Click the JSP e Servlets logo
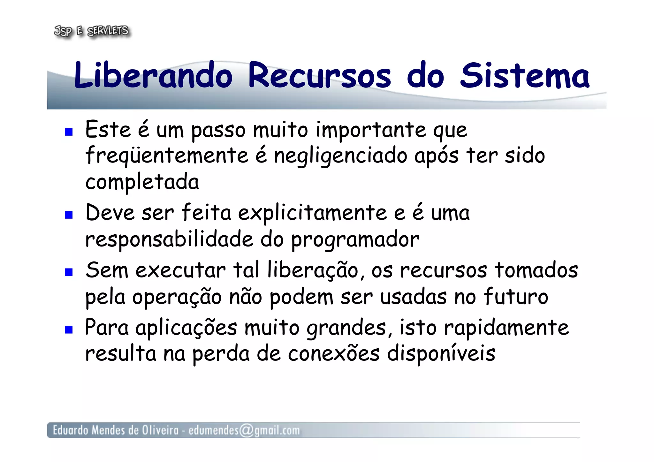click(91, 31)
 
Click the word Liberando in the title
click(153, 75)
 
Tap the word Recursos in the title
click(319, 75)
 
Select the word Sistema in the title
click(524, 75)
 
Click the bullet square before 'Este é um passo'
click(69, 132)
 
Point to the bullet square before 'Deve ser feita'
click(69, 215)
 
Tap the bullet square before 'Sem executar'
click(69, 272)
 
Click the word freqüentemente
click(167, 156)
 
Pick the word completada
click(142, 182)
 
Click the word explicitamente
click(312, 213)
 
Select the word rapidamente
click(506, 328)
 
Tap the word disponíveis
click(441, 354)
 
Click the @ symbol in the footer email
click(246, 430)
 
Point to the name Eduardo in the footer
click(70, 430)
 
